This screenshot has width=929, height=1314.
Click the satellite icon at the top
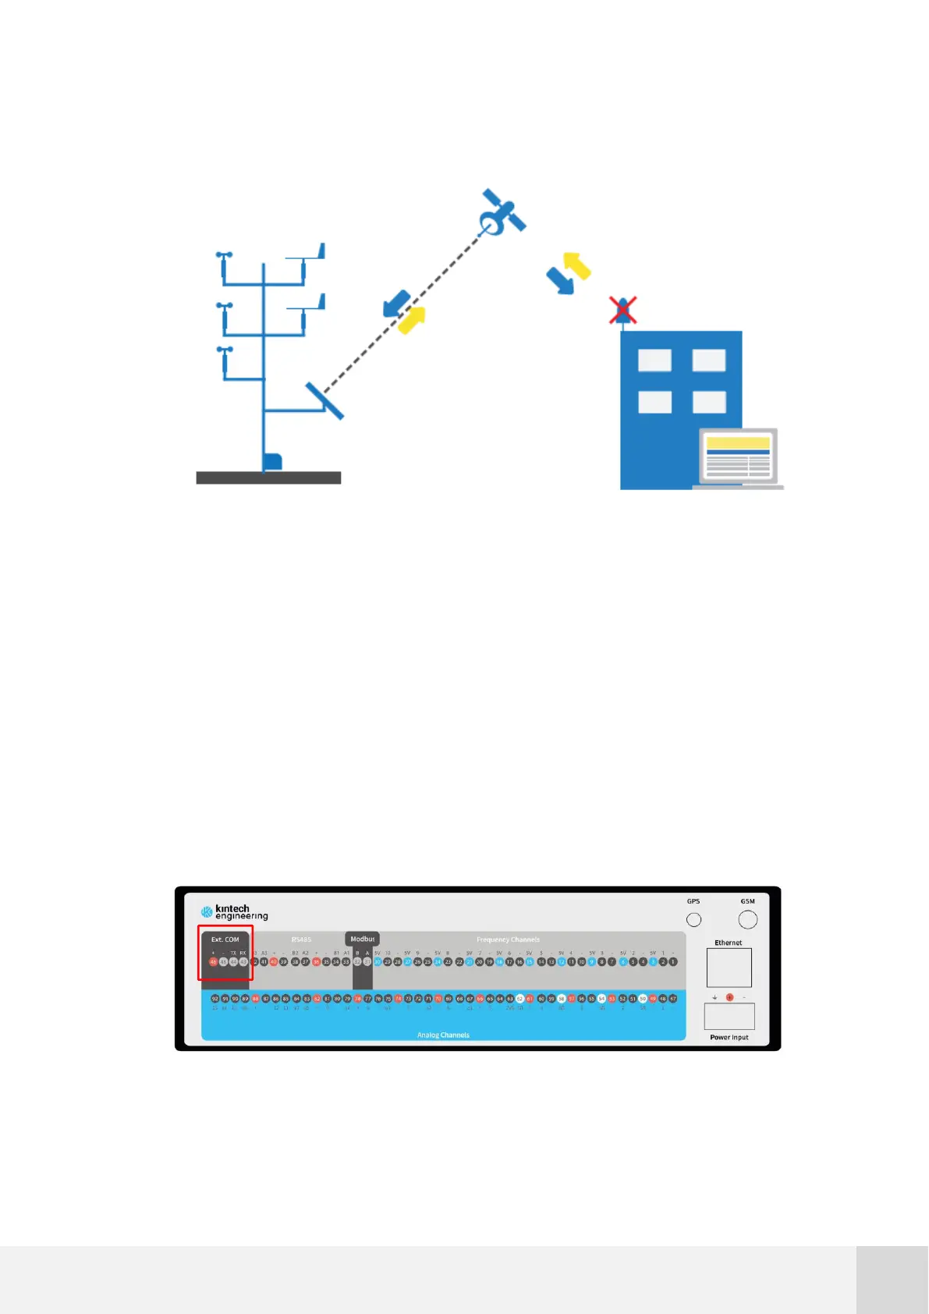click(502, 212)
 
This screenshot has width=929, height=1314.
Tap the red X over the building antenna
click(622, 310)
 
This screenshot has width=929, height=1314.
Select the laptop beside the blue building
click(738, 458)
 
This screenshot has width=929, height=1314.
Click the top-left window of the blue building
click(654, 360)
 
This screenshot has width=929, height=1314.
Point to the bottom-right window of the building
click(708, 402)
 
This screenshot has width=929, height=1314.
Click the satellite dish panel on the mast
click(324, 401)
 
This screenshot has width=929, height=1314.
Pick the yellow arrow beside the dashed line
click(412, 319)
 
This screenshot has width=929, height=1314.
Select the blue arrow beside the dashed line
click(397, 303)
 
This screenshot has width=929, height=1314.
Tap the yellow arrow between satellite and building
click(576, 265)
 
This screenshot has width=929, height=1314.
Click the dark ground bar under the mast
click(268, 478)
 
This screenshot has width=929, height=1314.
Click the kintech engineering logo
click(234, 911)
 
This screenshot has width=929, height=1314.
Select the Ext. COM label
click(225, 939)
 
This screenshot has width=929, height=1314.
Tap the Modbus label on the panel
click(362, 939)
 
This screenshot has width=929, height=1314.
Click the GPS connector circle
click(693, 920)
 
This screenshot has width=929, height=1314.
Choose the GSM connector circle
click(747, 920)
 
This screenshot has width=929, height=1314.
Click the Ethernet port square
click(729, 968)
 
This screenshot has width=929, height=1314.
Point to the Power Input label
click(729, 1037)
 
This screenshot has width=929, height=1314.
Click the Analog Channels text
click(443, 1035)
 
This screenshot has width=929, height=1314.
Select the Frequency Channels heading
click(508, 939)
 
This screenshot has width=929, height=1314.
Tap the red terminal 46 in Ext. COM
click(213, 962)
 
